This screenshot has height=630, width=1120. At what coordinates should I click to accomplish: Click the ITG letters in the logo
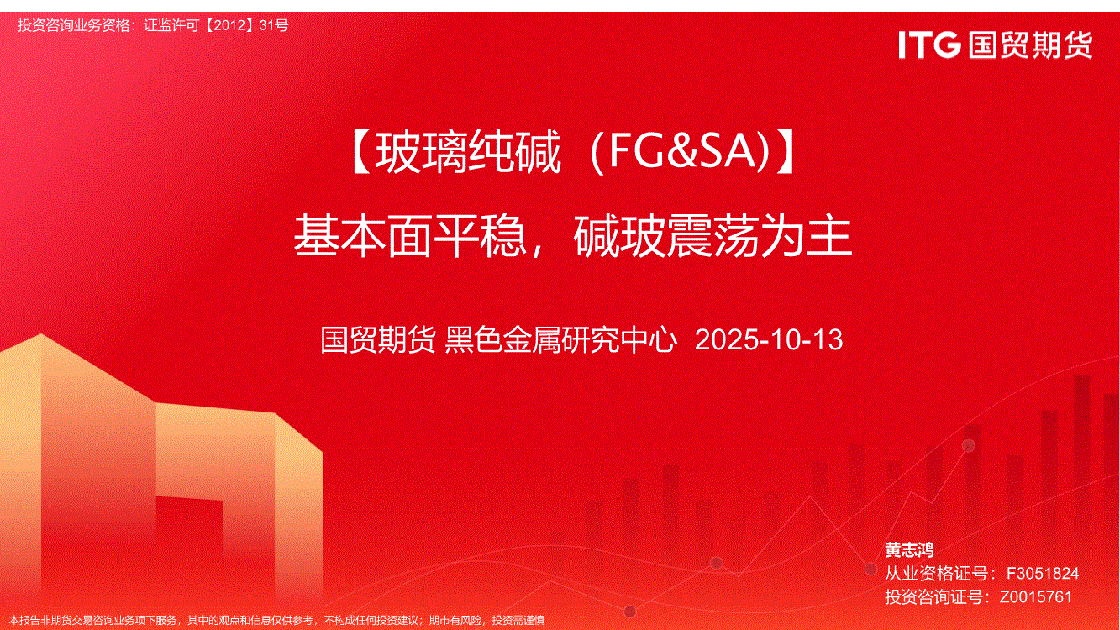point(929,45)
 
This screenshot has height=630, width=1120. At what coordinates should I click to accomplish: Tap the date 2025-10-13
point(769,339)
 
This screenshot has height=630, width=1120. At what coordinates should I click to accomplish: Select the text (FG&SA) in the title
point(681,151)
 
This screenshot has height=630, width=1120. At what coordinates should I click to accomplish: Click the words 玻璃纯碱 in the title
point(468,151)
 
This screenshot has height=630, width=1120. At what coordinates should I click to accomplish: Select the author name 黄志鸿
point(909,549)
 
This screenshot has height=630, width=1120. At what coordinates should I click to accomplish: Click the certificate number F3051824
point(1043,573)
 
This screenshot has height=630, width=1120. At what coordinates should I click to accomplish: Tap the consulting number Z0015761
point(1036,596)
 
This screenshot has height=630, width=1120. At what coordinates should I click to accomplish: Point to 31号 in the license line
point(274,25)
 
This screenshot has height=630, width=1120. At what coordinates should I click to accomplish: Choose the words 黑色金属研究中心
point(560,339)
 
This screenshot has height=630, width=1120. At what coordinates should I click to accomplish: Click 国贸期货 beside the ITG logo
point(1030,45)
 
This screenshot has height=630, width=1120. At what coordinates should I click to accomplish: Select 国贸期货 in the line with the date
point(377,339)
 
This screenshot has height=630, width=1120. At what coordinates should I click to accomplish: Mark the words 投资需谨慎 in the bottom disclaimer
point(518,620)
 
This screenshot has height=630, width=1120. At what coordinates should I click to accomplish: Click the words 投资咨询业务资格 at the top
point(73,25)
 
